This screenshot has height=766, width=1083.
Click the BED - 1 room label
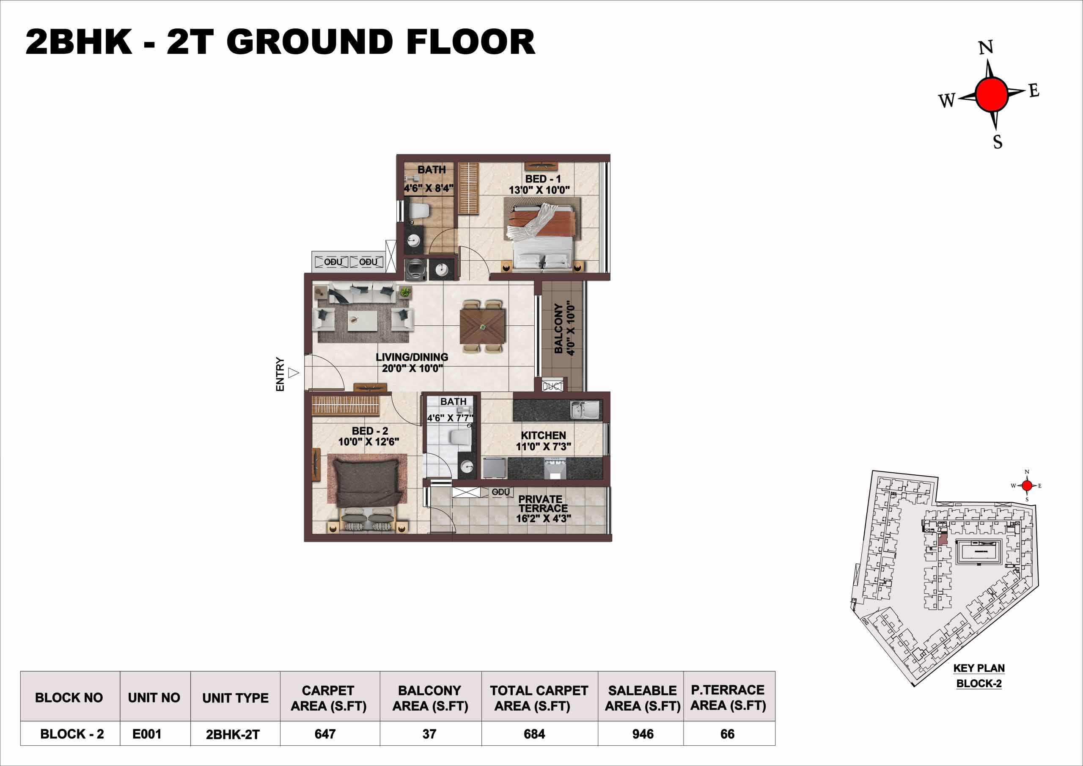click(x=543, y=179)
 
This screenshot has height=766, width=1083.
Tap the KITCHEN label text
click(x=543, y=435)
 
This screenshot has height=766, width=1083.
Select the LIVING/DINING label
click(x=412, y=357)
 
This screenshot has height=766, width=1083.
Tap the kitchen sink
click(x=585, y=410)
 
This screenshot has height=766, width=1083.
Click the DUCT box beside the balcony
click(x=552, y=386)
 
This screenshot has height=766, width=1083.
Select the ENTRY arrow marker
click(x=294, y=373)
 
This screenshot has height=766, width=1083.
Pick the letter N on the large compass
click(x=986, y=48)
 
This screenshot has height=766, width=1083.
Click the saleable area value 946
click(x=643, y=734)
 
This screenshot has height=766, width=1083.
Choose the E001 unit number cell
click(x=147, y=734)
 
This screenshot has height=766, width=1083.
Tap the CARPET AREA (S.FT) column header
click(x=328, y=698)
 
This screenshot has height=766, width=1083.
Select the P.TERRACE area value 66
click(x=727, y=734)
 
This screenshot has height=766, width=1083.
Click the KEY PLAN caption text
click(x=979, y=668)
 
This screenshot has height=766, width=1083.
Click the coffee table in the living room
click(x=362, y=321)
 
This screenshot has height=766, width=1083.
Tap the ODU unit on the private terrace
click(x=500, y=492)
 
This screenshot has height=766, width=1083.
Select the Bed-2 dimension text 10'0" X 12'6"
click(x=368, y=442)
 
